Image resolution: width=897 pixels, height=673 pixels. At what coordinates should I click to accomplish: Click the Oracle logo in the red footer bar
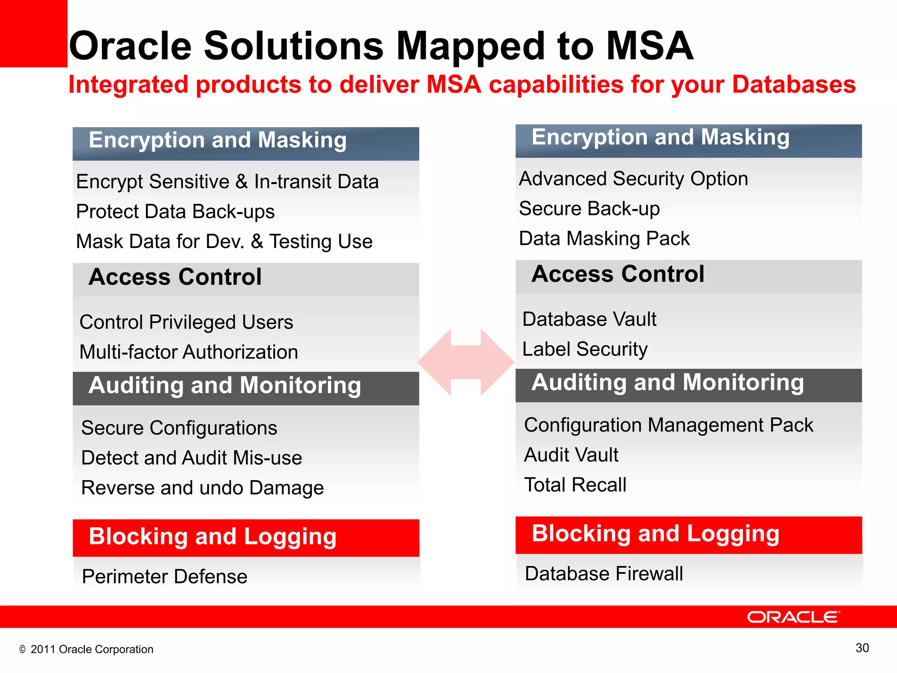(793, 617)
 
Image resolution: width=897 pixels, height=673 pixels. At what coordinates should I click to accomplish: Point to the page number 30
(862, 648)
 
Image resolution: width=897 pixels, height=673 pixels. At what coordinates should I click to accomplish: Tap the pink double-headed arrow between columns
(466, 362)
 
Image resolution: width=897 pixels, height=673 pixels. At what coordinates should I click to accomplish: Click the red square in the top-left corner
(33, 33)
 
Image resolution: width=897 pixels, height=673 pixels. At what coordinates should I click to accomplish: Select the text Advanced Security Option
(633, 179)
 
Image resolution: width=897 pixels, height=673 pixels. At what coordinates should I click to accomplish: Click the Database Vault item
(589, 319)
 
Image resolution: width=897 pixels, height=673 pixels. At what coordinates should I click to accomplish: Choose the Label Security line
(585, 349)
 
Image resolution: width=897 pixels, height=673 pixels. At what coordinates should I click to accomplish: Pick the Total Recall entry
(575, 485)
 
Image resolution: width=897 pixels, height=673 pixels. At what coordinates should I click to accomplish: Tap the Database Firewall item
(604, 574)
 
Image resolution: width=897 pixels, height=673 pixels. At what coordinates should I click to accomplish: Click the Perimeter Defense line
(164, 577)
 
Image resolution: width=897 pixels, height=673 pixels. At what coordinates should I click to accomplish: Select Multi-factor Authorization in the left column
(189, 352)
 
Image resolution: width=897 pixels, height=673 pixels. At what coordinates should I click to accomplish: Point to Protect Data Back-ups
(175, 212)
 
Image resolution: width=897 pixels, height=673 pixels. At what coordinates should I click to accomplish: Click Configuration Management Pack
(668, 425)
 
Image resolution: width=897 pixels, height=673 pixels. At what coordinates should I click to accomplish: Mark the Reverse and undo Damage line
(202, 488)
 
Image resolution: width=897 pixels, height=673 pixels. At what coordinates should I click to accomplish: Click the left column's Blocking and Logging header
(212, 537)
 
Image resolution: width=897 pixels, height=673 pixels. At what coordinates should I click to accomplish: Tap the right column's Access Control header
(618, 274)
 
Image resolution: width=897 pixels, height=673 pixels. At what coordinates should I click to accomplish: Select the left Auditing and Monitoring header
(225, 386)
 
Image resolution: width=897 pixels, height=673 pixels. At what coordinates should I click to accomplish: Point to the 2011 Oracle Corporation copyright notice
(87, 649)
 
